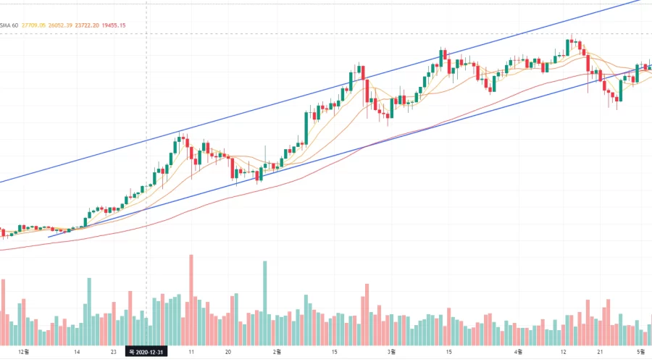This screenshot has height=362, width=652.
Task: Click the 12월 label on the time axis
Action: point(23,351)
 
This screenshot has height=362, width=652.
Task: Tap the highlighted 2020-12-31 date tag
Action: point(147,351)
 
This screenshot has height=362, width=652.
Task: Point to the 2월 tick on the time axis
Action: point(276,351)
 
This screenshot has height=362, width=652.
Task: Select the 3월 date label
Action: point(390,351)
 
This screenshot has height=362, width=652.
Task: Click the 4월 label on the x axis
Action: point(519,351)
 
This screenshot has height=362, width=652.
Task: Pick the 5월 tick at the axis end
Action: point(641,351)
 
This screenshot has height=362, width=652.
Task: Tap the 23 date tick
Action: point(114,351)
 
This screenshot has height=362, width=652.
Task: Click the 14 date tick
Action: point(77,351)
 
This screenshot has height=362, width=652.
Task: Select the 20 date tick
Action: point(228,351)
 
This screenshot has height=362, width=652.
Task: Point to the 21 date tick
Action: point(600,351)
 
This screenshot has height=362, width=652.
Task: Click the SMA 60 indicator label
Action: point(9,25)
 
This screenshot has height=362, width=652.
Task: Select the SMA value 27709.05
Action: point(35,25)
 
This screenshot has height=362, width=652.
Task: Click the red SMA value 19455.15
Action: point(113,25)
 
